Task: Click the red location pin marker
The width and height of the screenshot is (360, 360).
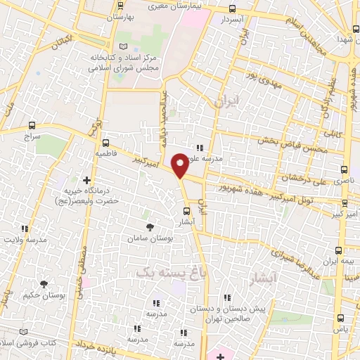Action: point(181,165)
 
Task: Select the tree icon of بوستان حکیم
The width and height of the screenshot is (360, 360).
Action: point(44,284)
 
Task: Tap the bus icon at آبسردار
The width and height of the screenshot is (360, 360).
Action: point(233,9)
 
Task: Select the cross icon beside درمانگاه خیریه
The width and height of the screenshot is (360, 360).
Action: point(87,180)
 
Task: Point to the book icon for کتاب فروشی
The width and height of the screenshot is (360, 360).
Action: point(25,332)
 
